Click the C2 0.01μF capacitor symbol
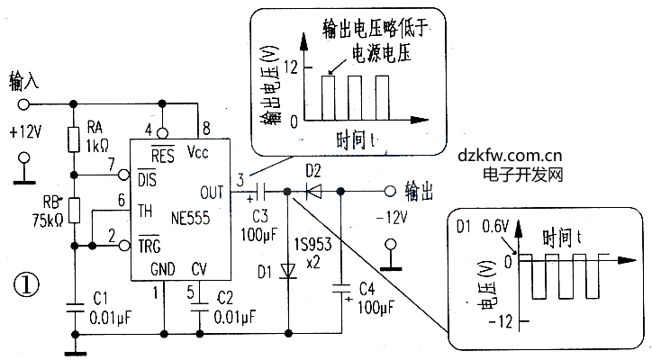pyautogui.click(x=199, y=308)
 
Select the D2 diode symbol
pyautogui.click(x=313, y=191)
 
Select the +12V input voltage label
pyautogui.click(x=25, y=131)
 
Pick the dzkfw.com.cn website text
pyautogui.click(x=511, y=154)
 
